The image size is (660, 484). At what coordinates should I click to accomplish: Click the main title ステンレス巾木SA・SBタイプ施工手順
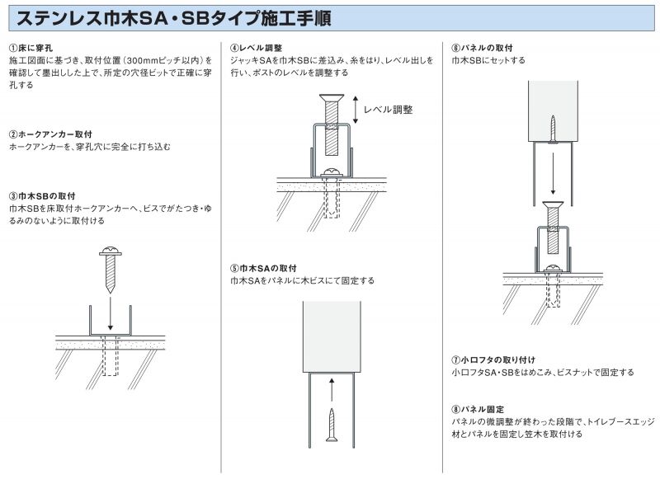[174, 18]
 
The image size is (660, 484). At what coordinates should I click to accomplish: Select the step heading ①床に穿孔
[31, 48]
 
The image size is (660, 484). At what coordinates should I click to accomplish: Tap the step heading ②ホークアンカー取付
[50, 134]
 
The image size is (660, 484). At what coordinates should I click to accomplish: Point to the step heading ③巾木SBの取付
[42, 196]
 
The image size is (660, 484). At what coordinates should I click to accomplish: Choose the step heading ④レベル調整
[256, 48]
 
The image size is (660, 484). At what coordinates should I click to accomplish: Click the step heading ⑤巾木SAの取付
[263, 268]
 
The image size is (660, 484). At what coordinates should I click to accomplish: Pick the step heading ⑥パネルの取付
[482, 48]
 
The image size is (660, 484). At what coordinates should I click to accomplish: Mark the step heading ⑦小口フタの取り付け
[493, 360]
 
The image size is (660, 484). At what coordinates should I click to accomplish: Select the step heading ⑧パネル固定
[478, 410]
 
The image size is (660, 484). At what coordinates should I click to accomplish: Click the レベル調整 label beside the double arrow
[388, 110]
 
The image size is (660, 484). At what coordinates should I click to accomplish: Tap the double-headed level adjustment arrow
[356, 110]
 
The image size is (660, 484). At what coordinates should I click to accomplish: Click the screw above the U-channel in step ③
[111, 270]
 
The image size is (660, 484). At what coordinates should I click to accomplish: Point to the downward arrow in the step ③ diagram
[111, 313]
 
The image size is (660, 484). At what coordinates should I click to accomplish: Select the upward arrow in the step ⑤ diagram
[332, 390]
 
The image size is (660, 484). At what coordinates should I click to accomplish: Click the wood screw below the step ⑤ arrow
[332, 425]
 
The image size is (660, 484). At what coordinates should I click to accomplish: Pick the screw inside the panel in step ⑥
[553, 130]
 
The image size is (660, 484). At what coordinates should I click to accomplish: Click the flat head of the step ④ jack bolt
[332, 98]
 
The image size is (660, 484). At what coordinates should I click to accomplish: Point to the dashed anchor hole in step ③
[111, 355]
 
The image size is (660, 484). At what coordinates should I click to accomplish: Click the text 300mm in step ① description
[141, 60]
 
